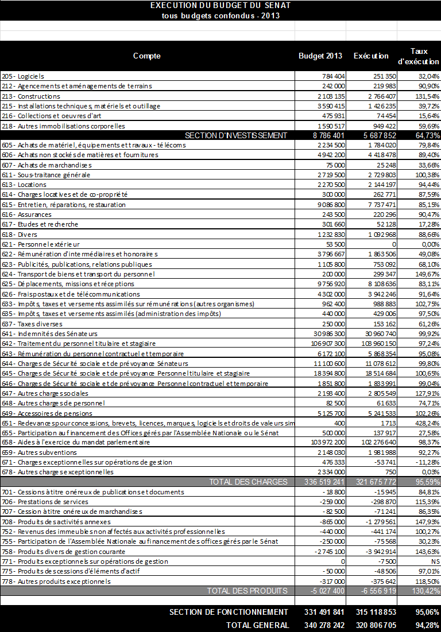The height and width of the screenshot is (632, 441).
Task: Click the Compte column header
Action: point(146,56)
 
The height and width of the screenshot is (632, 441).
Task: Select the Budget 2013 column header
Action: point(320,56)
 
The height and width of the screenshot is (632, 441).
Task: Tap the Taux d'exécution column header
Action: point(419,56)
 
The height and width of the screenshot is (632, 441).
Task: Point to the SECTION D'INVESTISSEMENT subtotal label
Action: point(235,135)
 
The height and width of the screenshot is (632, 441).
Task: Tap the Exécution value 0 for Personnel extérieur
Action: point(393,244)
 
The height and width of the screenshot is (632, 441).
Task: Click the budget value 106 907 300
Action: point(326,344)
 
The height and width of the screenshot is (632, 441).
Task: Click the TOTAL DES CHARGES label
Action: point(247,482)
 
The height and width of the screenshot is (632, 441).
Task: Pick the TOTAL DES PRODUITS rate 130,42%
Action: point(425,591)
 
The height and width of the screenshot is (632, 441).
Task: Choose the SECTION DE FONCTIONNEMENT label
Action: point(229,613)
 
